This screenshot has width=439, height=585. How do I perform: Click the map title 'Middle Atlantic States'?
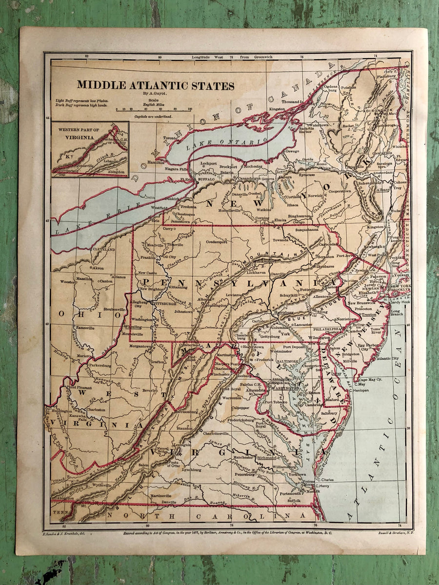click(155, 86)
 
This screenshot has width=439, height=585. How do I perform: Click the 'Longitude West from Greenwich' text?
click(232, 57)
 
